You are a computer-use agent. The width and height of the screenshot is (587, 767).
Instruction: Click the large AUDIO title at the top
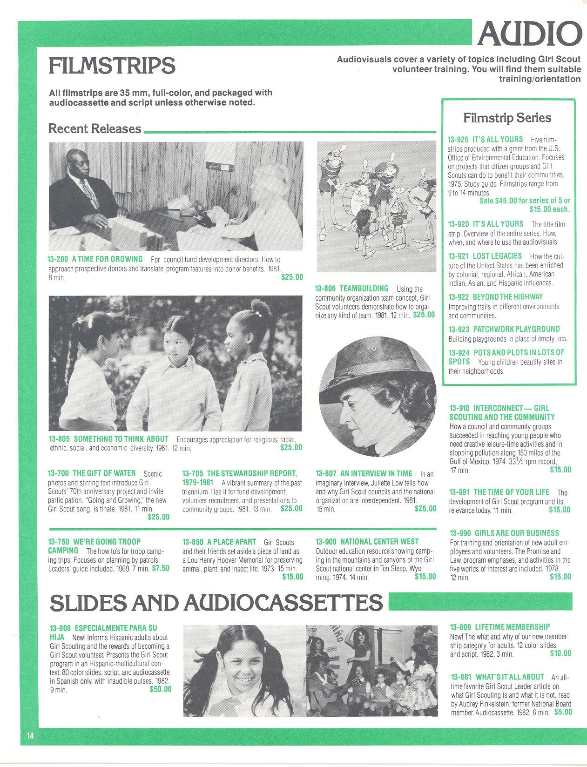530,34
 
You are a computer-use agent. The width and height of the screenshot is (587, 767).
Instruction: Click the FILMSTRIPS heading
112,66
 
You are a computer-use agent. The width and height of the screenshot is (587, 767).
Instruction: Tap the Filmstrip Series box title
507,118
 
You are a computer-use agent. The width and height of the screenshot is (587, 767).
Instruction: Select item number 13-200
58,259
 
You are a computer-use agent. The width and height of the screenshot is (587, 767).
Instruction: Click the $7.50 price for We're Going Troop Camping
161,568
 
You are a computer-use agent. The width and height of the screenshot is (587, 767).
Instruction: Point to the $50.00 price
160,689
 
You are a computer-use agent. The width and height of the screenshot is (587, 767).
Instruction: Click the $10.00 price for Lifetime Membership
560,653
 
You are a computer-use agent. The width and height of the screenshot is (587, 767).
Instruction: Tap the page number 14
30,736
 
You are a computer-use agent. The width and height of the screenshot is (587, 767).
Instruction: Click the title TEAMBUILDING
364,289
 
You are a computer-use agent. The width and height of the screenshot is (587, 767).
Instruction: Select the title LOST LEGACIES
497,256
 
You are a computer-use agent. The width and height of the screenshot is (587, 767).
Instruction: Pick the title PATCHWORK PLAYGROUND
516,329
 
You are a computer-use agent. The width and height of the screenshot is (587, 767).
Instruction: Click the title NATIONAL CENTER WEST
379,542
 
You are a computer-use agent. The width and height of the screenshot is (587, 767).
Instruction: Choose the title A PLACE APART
231,542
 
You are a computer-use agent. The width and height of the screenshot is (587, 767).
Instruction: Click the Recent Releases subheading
94,128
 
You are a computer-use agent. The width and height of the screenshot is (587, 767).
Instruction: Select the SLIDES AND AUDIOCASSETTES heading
216,603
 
